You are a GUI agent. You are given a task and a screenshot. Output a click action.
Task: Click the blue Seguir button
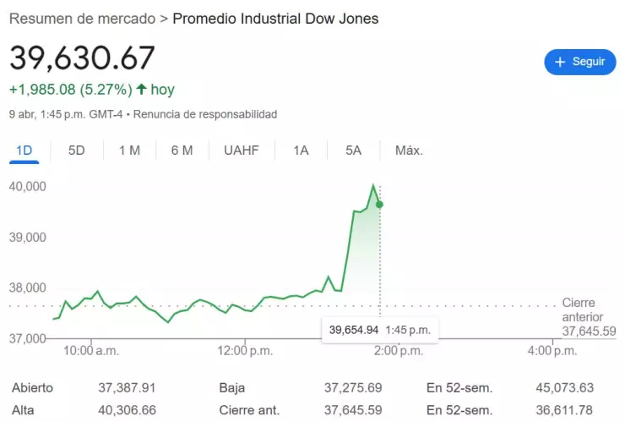[579, 62]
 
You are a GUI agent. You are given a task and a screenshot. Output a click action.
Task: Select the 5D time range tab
[77, 151]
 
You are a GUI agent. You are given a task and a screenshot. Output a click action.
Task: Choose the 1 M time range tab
[129, 151]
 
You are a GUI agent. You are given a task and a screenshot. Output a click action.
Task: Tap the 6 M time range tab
[182, 151]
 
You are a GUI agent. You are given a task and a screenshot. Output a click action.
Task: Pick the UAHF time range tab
[242, 151]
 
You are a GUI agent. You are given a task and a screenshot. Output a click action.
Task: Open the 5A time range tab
[353, 151]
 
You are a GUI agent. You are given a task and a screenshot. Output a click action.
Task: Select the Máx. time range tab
[409, 151]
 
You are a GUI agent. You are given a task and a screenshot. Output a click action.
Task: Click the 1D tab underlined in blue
[24, 151]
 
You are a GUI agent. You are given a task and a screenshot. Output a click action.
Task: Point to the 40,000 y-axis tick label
[27, 186]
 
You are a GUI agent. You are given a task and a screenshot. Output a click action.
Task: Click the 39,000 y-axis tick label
[27, 237]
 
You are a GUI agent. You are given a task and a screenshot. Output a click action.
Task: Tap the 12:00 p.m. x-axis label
[245, 350]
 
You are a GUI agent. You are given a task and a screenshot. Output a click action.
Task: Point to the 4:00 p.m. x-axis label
[553, 350]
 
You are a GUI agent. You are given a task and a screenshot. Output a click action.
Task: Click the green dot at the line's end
[380, 205]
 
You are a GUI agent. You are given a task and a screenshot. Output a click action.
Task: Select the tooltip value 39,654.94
[354, 330]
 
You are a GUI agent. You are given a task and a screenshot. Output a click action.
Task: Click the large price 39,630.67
[83, 58]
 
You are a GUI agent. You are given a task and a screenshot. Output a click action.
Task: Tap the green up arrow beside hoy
[141, 89]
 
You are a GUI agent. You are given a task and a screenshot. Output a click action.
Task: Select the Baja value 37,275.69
[353, 388]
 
